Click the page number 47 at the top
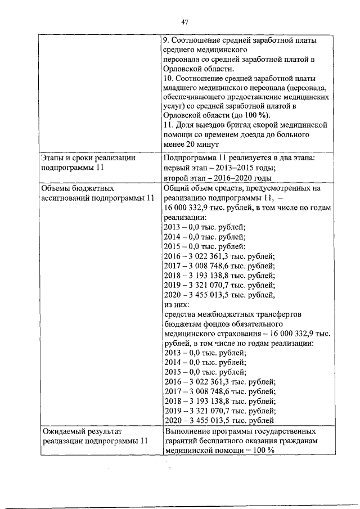click(184, 22)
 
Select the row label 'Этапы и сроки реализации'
click(88, 159)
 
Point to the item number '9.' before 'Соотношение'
click(166, 41)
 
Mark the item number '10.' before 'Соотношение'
click(169, 78)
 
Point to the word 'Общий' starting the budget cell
click(176, 188)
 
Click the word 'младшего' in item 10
click(179, 88)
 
